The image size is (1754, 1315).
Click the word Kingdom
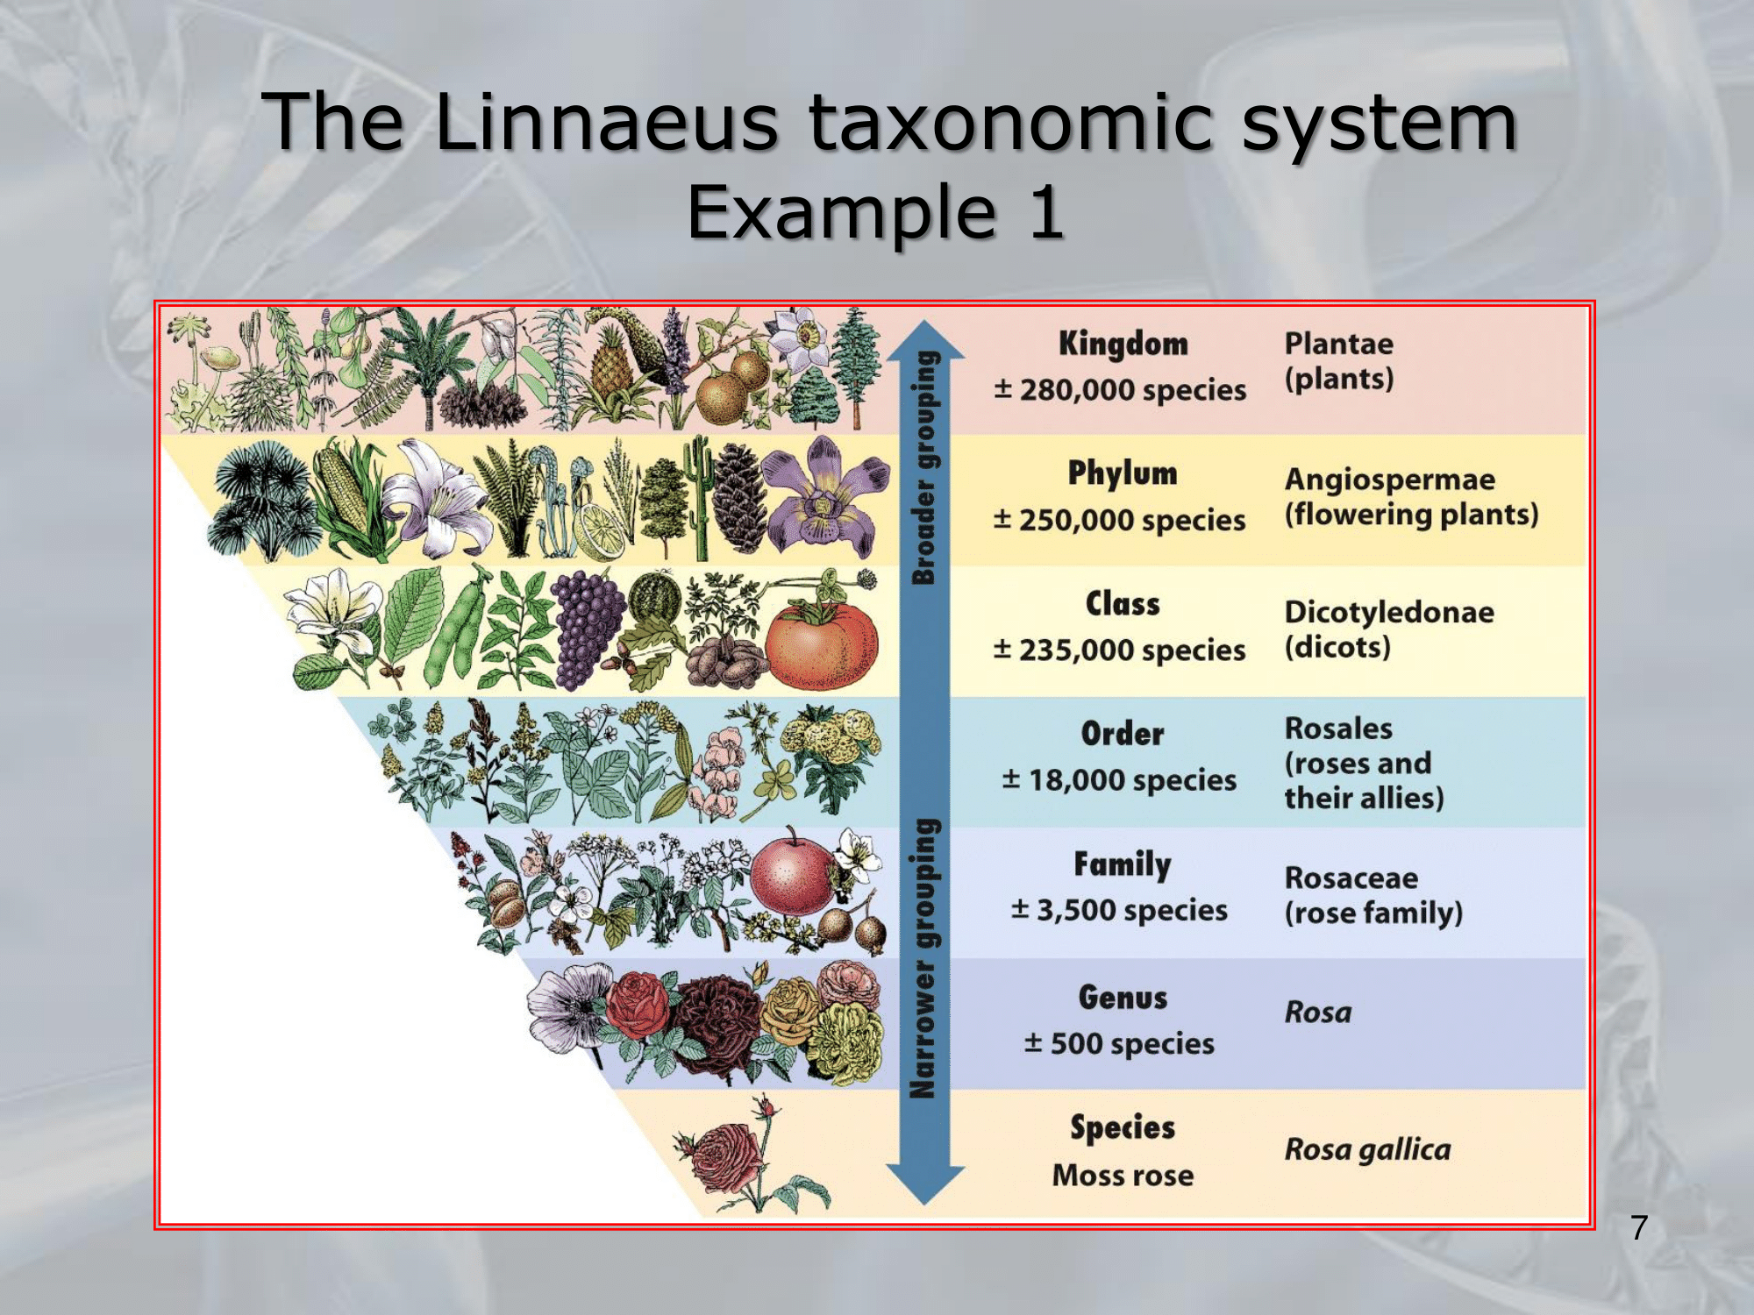click(1123, 344)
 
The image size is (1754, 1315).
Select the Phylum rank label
click(1123, 474)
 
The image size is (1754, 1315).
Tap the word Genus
click(1123, 998)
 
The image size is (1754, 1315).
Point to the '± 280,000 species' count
click(1120, 390)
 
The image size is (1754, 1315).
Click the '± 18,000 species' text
click(1120, 780)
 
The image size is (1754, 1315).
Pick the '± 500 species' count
click(1120, 1044)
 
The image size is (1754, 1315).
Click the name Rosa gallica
click(1368, 1149)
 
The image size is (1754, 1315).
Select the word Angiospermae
click(1390, 480)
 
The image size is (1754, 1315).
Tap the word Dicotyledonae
click(1389, 612)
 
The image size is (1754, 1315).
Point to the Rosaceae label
click(1351, 878)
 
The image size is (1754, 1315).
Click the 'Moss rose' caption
click(1123, 1176)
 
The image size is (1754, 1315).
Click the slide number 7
click(1640, 1227)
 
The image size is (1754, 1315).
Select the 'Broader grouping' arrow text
click(924, 468)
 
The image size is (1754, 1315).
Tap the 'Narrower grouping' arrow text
click(924, 959)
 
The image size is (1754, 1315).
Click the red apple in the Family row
click(793, 874)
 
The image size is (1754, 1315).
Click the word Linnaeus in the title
click(606, 123)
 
